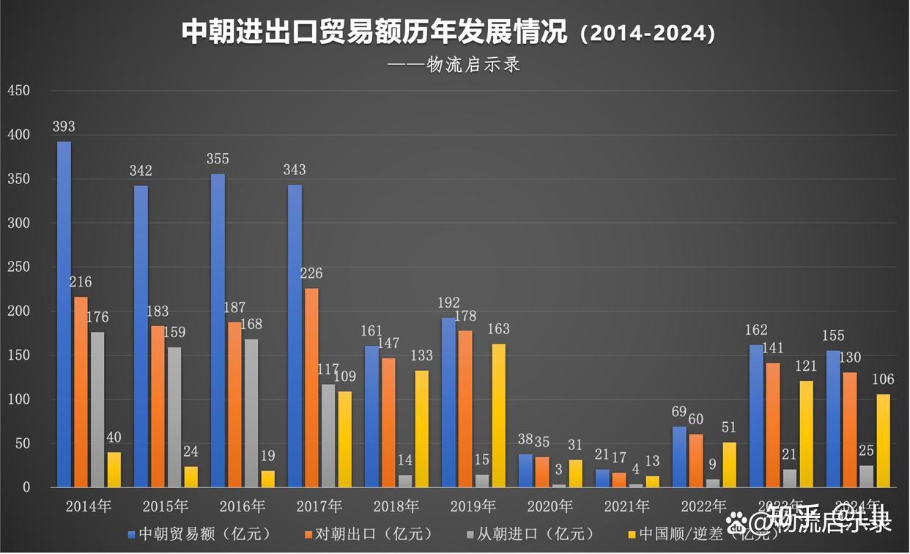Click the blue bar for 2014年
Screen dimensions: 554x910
(64, 314)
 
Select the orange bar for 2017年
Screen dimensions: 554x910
(311, 388)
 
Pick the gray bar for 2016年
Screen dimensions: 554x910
(251, 413)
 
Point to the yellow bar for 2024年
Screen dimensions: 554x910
(883, 440)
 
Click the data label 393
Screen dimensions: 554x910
(64, 127)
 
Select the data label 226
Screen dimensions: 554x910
(311, 273)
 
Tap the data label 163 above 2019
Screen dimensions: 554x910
(498, 329)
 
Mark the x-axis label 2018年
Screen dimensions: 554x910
(396, 506)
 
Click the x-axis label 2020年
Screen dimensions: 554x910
(550, 506)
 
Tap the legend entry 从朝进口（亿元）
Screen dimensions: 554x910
(541, 533)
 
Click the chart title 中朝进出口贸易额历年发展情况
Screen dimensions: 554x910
(374, 33)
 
